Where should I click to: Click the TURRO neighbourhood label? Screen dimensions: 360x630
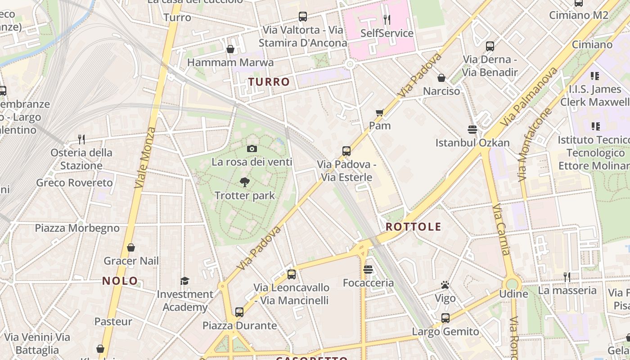click(269, 82)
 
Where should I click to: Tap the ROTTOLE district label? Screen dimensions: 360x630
click(413, 227)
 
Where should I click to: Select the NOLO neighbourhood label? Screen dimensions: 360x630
click(120, 281)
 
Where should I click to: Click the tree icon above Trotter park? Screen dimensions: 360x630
click(245, 182)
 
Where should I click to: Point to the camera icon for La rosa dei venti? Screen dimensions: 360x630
click(252, 148)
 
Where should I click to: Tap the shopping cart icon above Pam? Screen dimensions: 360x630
click(380, 112)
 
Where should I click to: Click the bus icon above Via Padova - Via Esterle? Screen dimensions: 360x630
click(346, 151)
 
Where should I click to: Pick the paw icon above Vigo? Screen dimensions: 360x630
click(445, 285)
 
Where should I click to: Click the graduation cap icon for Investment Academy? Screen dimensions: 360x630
click(184, 281)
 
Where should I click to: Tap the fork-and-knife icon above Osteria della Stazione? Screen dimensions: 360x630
click(81, 139)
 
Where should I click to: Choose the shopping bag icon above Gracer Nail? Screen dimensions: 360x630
click(131, 247)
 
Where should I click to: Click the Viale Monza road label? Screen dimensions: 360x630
click(145, 157)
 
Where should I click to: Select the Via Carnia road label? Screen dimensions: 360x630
click(500, 229)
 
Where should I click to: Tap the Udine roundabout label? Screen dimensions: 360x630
click(514, 294)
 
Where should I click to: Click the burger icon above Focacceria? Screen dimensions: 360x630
click(368, 270)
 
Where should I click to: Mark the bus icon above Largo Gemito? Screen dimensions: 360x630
click(445, 318)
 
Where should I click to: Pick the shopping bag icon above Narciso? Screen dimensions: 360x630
click(441, 78)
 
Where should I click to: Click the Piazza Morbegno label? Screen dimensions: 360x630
click(77, 228)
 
